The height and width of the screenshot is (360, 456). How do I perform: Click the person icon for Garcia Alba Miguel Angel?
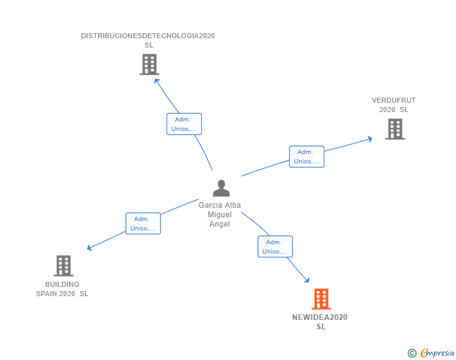pyautogui.click(x=221, y=188)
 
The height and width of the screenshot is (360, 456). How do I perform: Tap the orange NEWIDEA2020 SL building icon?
pyautogui.click(x=321, y=299)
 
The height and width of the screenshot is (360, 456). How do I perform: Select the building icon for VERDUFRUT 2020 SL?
pyautogui.click(x=395, y=129)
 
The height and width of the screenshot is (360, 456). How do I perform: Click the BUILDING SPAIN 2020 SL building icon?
pyautogui.click(x=63, y=265)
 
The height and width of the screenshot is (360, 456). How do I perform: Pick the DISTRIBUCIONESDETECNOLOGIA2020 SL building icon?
pyautogui.click(x=149, y=64)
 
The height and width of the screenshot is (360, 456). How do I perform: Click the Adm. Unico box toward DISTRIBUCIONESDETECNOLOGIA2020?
pyautogui.click(x=184, y=124)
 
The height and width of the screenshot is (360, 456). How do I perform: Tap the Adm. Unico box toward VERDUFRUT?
pyautogui.click(x=306, y=157)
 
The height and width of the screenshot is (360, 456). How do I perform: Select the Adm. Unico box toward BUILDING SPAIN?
pyautogui.click(x=143, y=224)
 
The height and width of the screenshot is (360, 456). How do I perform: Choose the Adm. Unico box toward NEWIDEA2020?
pyautogui.click(x=275, y=247)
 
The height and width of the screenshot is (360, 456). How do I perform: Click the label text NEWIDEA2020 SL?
pyautogui.click(x=320, y=322)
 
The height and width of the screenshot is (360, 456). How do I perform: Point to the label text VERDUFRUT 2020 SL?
pyautogui.click(x=393, y=105)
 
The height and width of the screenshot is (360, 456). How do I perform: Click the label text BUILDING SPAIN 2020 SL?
pyautogui.click(x=62, y=289)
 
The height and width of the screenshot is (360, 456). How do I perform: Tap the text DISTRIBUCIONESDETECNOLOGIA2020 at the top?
pyautogui.click(x=148, y=36)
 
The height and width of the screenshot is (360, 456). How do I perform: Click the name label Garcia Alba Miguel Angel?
pyautogui.click(x=220, y=215)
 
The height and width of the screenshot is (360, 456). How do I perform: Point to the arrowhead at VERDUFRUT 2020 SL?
pyautogui.click(x=370, y=138)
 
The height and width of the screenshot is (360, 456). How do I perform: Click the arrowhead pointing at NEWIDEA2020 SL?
pyautogui.click(x=308, y=280)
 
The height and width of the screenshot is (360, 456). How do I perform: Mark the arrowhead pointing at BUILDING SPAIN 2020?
pyautogui.click(x=90, y=248)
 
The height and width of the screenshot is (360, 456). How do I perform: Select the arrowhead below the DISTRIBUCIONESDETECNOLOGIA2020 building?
pyautogui.click(x=157, y=80)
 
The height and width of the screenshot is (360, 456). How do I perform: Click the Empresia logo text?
pyautogui.click(x=437, y=353)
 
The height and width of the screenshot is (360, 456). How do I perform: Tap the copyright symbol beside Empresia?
pyautogui.click(x=412, y=354)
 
